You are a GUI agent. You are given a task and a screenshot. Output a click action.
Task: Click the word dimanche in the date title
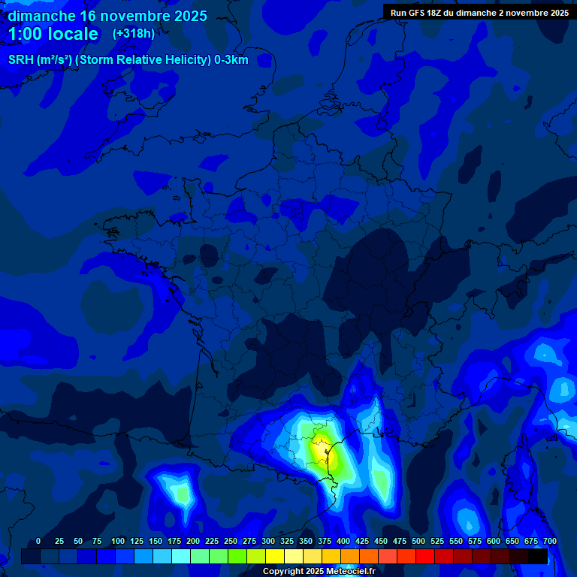point(41,16)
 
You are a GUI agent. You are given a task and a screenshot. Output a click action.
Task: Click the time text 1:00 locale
point(53,34)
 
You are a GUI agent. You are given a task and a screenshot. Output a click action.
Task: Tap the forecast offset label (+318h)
point(133,34)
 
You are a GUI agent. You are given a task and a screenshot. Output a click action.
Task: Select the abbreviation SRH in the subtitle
point(21,60)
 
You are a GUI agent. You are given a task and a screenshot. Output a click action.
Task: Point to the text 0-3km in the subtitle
point(231,60)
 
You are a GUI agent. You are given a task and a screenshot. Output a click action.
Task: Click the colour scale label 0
point(38,542)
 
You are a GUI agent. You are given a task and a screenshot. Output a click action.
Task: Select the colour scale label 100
point(118,542)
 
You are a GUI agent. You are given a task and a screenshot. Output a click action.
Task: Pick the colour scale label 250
point(231,542)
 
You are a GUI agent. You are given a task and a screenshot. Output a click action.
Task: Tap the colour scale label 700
point(550,542)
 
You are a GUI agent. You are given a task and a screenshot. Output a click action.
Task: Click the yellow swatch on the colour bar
point(275,557)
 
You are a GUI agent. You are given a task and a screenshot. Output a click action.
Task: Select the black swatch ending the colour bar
point(538,557)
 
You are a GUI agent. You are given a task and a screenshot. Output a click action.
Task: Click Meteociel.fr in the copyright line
point(351,572)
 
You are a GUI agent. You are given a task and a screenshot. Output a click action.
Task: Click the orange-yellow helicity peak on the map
point(321,452)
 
